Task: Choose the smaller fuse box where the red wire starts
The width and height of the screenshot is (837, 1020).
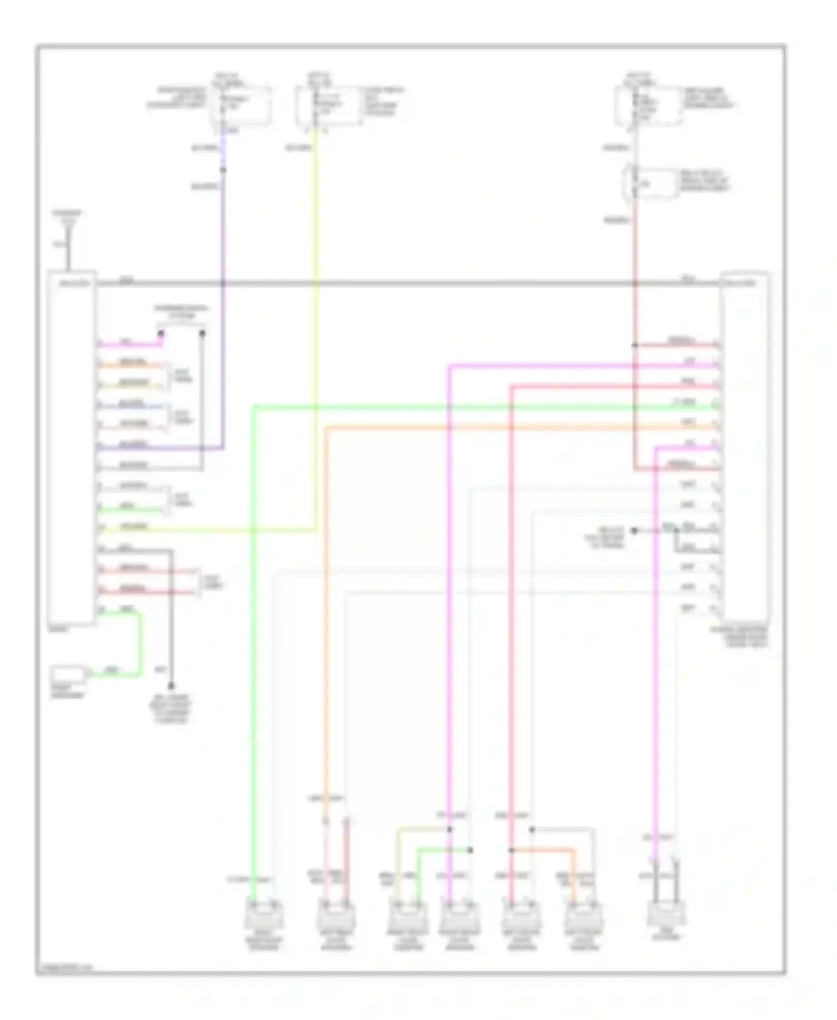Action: point(650,183)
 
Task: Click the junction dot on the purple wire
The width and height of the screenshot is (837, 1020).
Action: point(223,170)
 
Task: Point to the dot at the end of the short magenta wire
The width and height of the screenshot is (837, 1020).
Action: point(161,334)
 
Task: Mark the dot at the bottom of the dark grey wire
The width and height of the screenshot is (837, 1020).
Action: point(171,686)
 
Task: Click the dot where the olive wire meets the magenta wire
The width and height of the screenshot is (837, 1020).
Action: point(450,830)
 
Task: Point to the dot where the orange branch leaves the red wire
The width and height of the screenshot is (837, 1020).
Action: point(511,850)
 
